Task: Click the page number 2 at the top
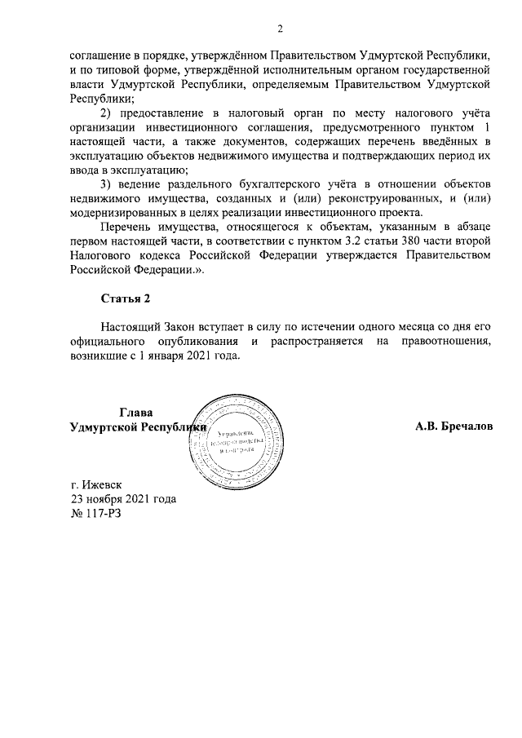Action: tap(279, 30)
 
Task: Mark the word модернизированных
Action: tap(122, 212)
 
